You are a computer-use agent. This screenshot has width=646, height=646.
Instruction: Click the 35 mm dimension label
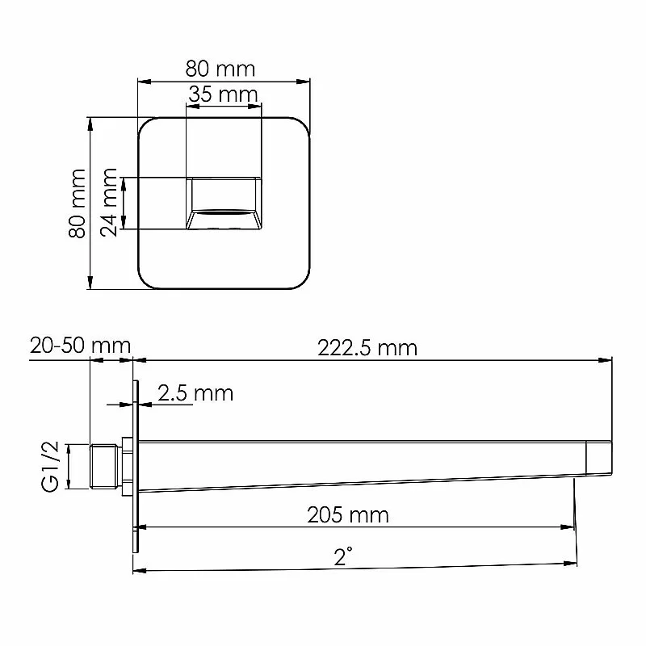223,94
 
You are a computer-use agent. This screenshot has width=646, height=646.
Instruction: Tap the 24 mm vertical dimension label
109,202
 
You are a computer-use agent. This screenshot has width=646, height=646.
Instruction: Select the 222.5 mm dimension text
367,348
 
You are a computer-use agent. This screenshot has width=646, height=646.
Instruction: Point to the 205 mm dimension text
348,515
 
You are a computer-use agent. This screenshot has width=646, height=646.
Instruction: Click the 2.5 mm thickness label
195,393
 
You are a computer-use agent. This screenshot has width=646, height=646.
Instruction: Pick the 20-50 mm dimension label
80,346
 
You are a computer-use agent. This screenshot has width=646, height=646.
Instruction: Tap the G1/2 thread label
51,467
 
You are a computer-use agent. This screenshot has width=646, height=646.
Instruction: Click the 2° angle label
343,556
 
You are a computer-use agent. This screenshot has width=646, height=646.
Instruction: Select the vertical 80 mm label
77,203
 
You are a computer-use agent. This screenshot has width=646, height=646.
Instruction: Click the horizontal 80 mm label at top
220,69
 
